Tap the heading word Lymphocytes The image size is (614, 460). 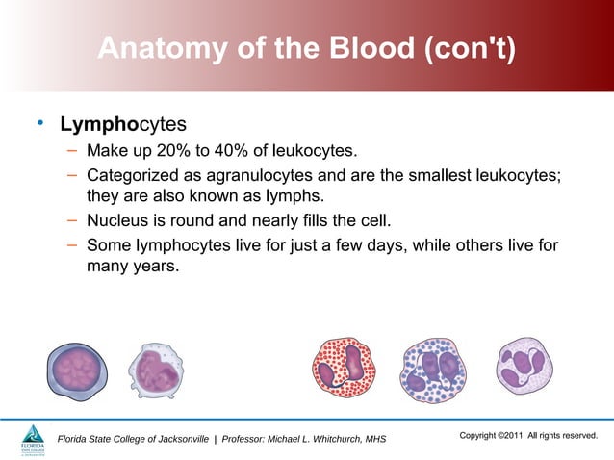click(x=122, y=125)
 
